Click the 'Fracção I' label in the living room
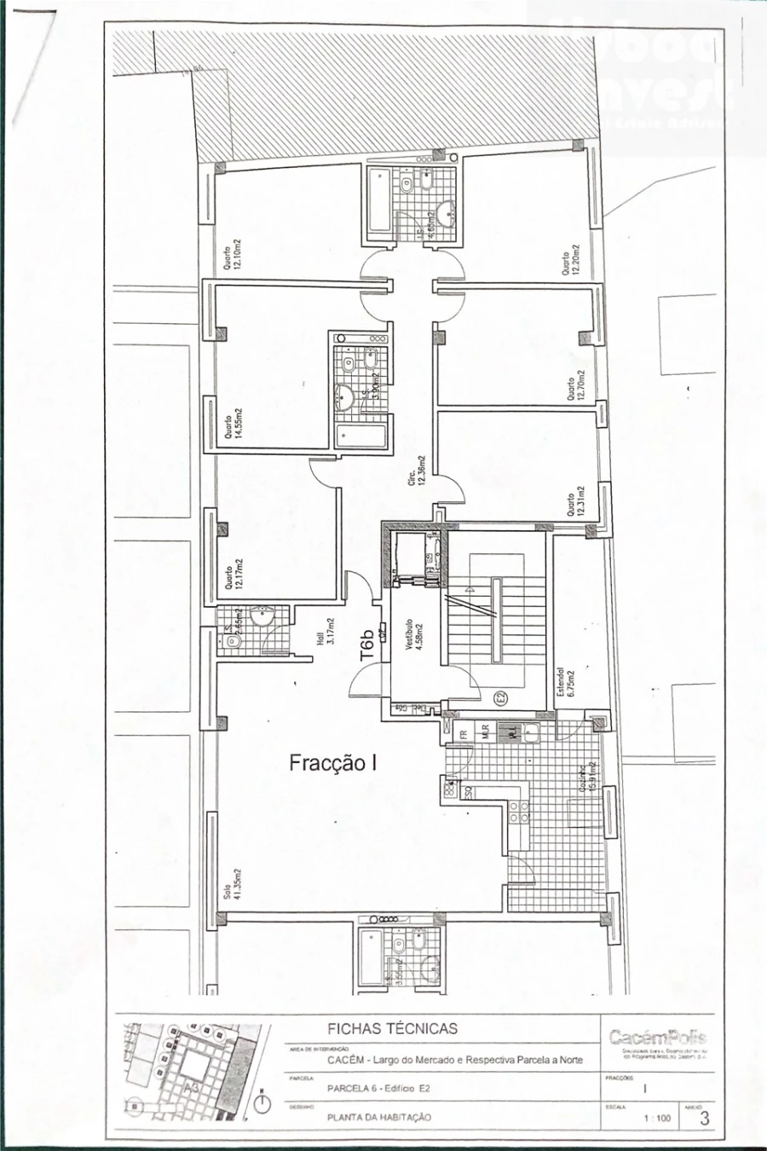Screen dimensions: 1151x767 332,762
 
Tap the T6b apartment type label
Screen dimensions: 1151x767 367,646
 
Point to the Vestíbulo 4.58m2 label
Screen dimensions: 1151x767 415,636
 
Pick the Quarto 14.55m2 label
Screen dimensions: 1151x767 234,424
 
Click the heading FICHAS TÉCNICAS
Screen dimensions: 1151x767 392,1028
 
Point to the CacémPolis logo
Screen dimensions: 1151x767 657,1038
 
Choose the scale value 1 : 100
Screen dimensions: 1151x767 657,1118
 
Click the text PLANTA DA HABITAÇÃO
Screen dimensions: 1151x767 379,1117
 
